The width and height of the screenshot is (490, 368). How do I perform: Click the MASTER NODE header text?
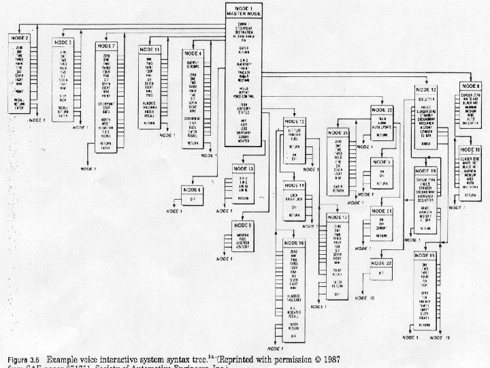point(245,12)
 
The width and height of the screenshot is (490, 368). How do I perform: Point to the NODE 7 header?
point(105,46)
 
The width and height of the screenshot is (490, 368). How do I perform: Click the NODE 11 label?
point(150,50)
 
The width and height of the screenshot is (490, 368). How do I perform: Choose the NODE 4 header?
point(193,53)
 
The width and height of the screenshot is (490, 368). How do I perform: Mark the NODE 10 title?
point(297,121)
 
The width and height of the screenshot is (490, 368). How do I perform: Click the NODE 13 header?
point(245,168)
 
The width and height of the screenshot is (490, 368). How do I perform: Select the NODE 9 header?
point(245,224)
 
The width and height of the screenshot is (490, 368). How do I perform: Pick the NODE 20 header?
point(382,110)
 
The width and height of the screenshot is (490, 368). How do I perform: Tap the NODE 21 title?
point(382,211)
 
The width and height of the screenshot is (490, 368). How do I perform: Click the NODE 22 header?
point(382,262)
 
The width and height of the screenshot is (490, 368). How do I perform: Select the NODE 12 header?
point(428,89)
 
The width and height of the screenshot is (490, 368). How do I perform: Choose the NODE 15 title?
point(428,255)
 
